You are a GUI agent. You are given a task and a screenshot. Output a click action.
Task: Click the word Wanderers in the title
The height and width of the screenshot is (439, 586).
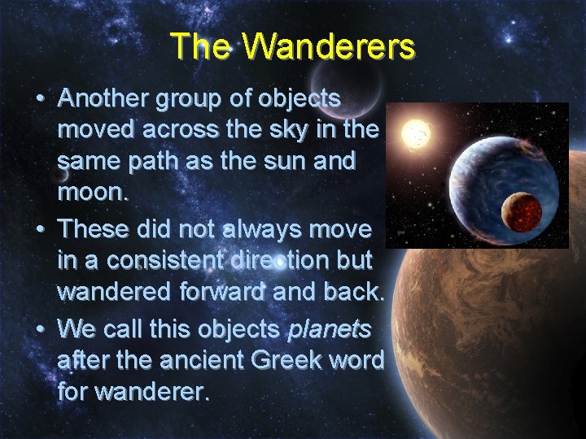tap(330, 46)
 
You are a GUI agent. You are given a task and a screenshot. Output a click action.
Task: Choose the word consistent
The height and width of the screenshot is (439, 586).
tap(164, 259)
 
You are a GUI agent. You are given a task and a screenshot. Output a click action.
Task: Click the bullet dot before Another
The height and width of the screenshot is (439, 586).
tap(40, 99)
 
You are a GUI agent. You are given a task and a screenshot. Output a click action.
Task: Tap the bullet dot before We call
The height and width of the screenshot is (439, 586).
tap(40, 330)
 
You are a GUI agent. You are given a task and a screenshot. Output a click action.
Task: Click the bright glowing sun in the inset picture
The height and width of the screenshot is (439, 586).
tap(417, 132)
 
